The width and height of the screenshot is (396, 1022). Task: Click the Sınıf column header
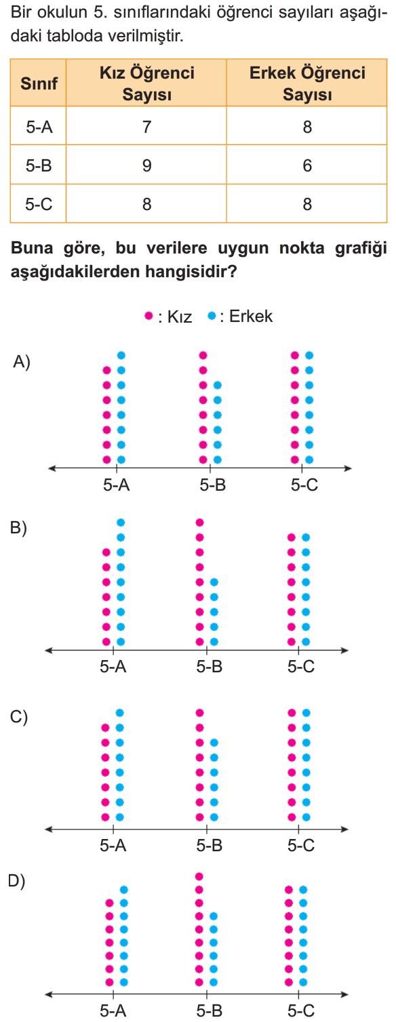tap(39, 83)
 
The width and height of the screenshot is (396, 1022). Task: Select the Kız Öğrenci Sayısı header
tap(146, 83)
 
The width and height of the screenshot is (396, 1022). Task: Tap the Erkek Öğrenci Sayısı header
tap(307, 83)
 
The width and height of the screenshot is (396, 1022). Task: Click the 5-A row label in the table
tap(39, 126)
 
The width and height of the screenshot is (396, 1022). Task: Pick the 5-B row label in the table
tap(39, 165)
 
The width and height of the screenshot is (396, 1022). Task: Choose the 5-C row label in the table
tap(39, 204)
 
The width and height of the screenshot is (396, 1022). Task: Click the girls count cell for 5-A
tap(146, 126)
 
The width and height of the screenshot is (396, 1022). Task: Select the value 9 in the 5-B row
tap(146, 165)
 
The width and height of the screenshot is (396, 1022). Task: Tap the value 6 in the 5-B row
tap(307, 165)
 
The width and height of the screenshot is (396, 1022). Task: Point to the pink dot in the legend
tap(148, 315)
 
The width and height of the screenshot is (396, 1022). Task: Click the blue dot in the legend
tap(212, 315)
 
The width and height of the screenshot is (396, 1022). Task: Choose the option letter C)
tap(19, 717)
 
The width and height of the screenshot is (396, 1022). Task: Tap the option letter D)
tap(17, 880)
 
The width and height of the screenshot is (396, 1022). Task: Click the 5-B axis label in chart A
tap(212, 485)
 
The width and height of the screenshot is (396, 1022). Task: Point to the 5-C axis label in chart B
tap(301, 667)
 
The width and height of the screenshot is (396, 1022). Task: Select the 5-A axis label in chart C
tap(113, 845)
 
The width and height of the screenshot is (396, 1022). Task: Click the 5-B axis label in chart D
tap(210, 1010)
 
